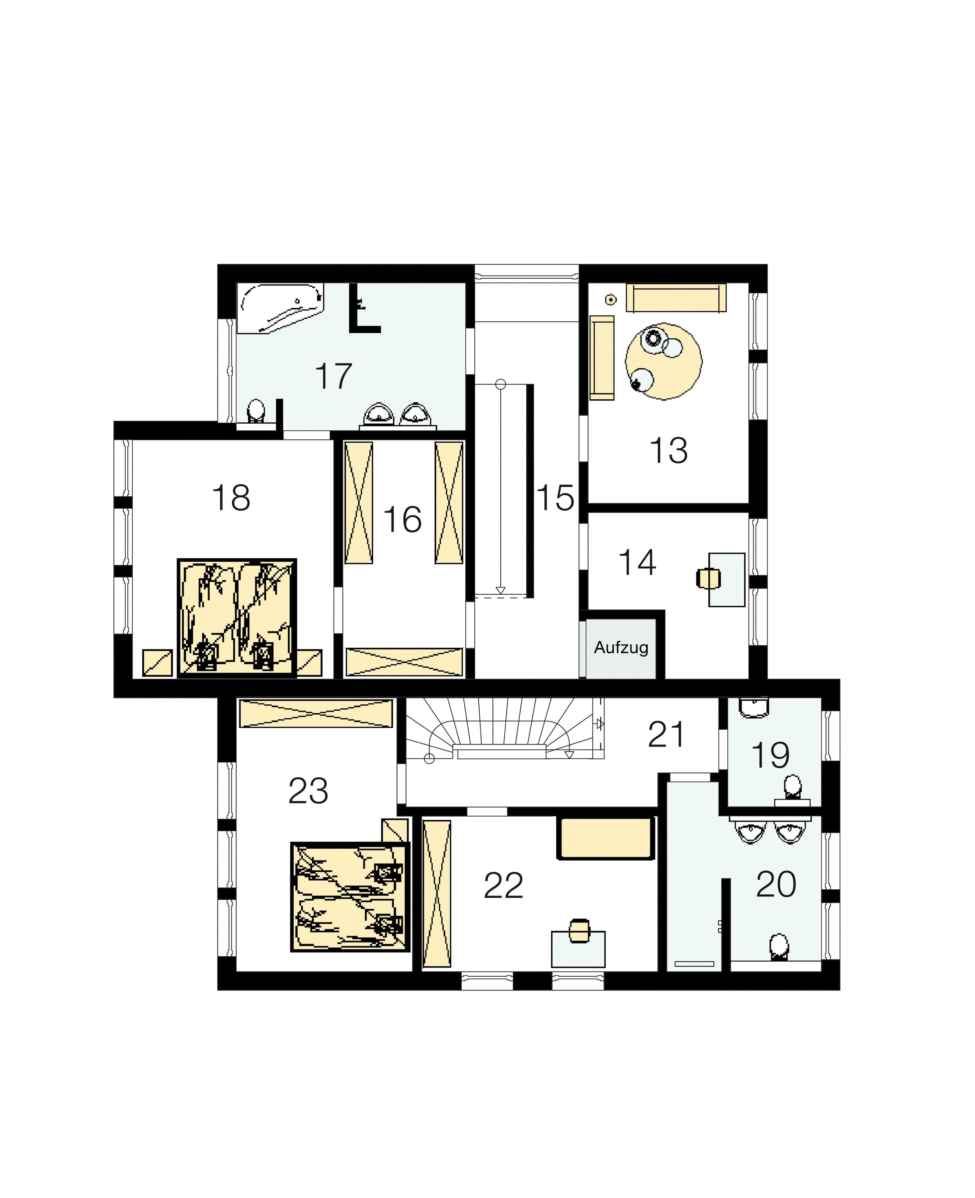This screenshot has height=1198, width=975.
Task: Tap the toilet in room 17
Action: point(257,411)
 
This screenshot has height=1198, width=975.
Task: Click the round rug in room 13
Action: point(664,361)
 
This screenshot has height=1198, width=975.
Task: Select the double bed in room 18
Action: point(236,617)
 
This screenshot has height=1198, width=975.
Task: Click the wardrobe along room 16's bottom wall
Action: point(404,663)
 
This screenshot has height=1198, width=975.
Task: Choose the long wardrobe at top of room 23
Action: point(316,713)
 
